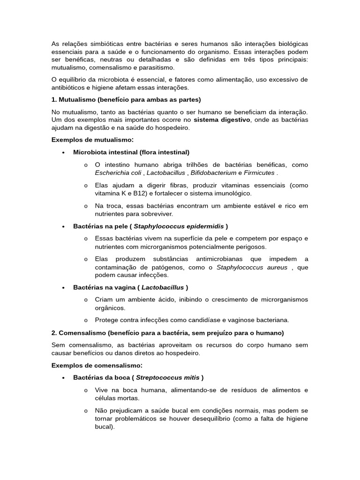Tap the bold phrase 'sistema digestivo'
pos(222,120)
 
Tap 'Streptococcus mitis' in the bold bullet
pos(167,377)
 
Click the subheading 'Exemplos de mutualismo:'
pos(92,140)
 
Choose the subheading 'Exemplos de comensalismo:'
pos(97,365)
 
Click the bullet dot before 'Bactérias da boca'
pos(63,378)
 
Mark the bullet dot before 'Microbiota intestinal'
pos(63,153)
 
